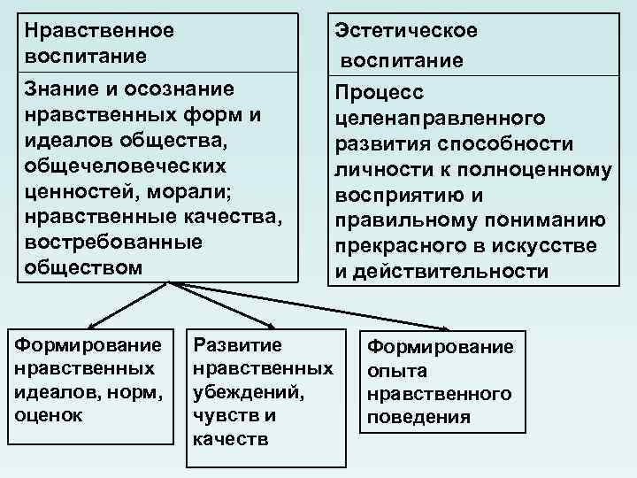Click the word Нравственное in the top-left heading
99,29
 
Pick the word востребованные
102,242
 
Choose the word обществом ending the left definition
84,266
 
